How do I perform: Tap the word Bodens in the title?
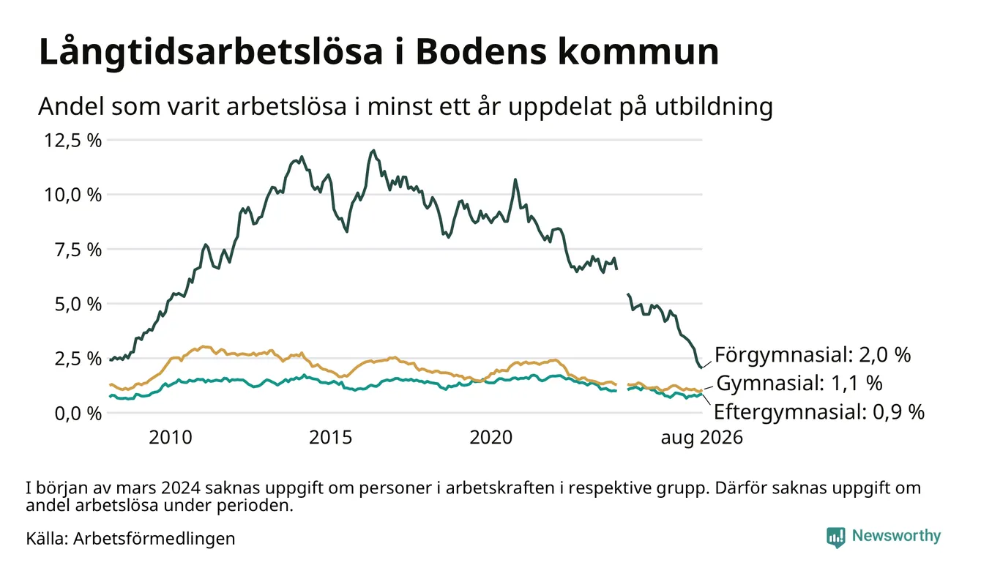481,52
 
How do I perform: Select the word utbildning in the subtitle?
714,107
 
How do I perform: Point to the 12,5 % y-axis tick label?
72,141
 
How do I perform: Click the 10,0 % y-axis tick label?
72,195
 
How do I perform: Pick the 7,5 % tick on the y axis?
78,250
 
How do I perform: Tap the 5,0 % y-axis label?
78,304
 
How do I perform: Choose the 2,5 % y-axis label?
78,359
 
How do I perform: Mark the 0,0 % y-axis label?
78,414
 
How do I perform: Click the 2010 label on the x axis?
171,438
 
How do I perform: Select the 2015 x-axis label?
331,438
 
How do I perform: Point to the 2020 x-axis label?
491,438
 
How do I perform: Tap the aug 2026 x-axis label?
702,438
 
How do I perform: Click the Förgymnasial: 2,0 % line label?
813,355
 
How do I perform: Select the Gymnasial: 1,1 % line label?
799,383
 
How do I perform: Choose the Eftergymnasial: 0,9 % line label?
819,412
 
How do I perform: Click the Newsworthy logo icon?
835,537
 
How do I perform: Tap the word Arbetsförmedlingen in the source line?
154,539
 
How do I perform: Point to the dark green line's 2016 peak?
373,151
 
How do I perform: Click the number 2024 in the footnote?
180,488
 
